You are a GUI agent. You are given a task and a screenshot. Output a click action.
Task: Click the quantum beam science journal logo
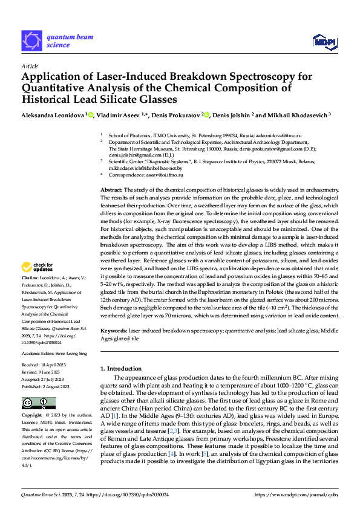(57, 41)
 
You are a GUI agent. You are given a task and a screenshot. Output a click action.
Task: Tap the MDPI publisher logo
(324, 41)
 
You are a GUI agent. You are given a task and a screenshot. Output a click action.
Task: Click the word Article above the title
(30, 66)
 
